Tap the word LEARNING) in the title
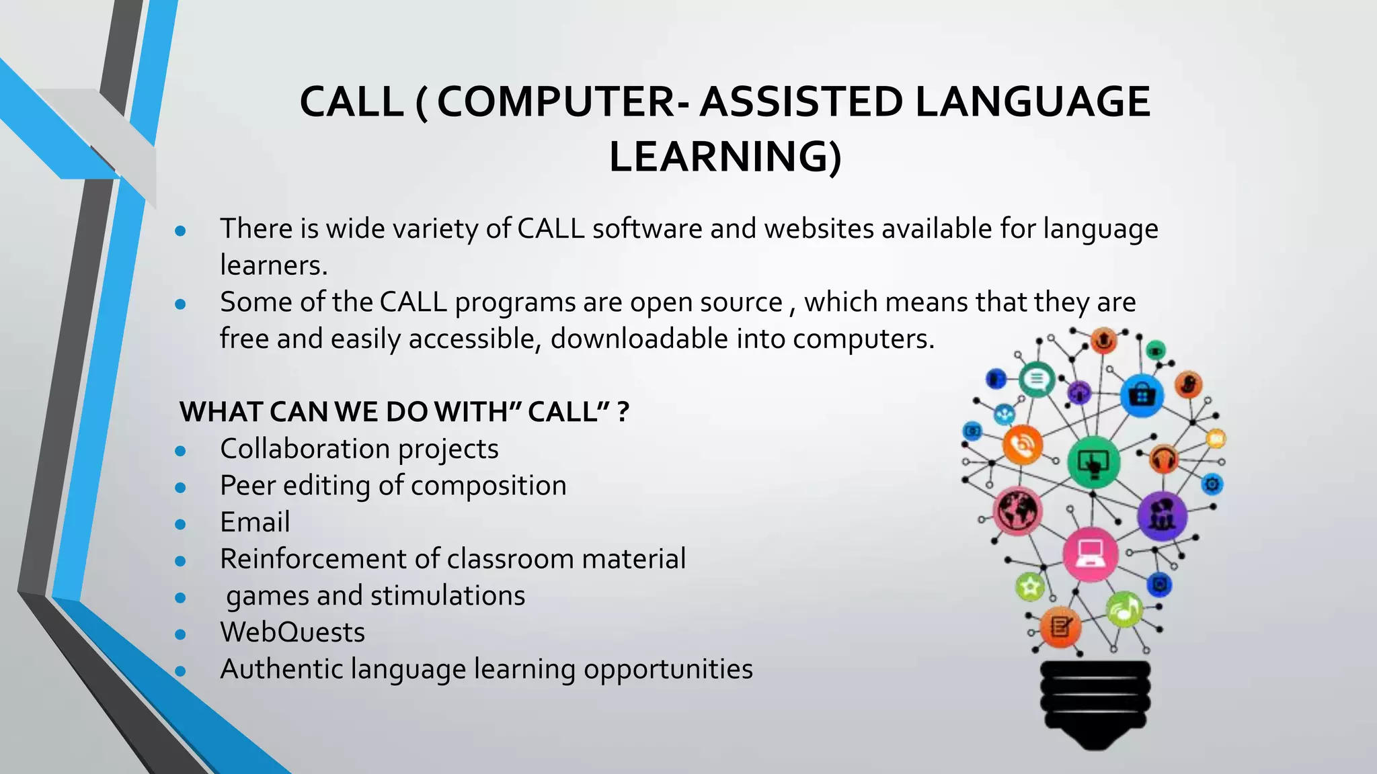tap(725, 157)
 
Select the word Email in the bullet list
tap(255, 522)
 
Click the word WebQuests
tap(292, 632)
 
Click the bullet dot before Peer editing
tap(180, 487)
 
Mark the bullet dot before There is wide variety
tap(180, 231)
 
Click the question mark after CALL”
tap(623, 412)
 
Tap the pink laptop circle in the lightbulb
tap(1091, 554)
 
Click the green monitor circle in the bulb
tap(1094, 462)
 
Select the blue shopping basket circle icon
tap(1142, 395)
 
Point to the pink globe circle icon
tap(1018, 511)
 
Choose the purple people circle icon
tap(1161, 515)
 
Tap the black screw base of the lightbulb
tap(1095, 702)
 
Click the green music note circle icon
tap(1124, 609)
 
